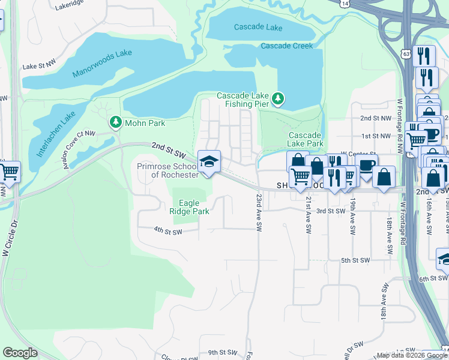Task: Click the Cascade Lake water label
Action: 258,28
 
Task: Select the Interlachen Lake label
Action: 56,133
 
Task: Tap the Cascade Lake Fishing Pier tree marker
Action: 277,98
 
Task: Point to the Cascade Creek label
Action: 287,46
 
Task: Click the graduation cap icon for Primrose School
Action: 209,161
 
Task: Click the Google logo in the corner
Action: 20,353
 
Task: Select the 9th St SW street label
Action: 223,353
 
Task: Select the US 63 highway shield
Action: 406,55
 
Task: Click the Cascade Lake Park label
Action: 306,139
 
